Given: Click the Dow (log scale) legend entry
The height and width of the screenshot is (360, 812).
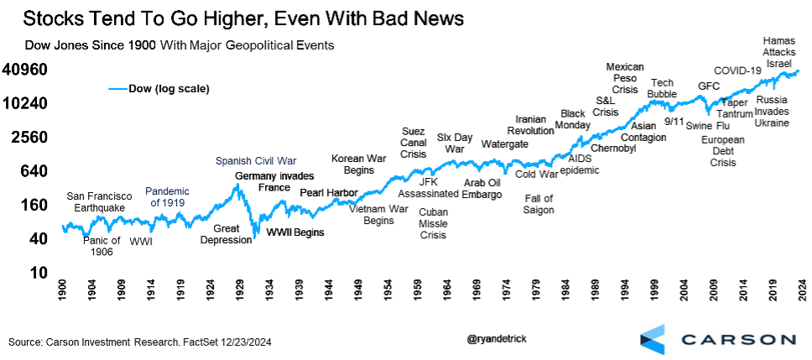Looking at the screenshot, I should coord(159,88).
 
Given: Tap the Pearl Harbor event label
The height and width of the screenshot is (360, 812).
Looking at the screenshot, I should coord(330,192).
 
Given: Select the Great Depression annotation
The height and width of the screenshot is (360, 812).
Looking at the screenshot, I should coord(226,233).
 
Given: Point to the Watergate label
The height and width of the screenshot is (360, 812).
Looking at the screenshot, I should coord(504,143).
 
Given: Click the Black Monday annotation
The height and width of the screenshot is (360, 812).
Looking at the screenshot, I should coord(572,119).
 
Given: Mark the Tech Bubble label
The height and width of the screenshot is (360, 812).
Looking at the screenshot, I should coord(662,88).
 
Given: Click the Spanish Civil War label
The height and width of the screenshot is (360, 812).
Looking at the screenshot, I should coord(256,160).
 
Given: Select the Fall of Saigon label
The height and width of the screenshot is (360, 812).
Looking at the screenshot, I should coord(539,204).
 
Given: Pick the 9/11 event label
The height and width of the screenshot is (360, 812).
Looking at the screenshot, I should coord(674,121).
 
